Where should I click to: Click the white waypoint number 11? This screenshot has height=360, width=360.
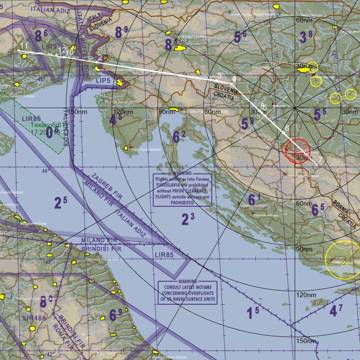pyautogui.click(x=24, y=45)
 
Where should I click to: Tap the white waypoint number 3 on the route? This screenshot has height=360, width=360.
pyautogui.click(x=219, y=76)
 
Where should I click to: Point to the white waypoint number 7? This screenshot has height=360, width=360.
pyautogui.click(x=319, y=159)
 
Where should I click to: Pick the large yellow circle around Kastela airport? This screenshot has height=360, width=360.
pyautogui.click(x=342, y=260)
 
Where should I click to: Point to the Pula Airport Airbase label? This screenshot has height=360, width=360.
pyautogui.click(x=146, y=149)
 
